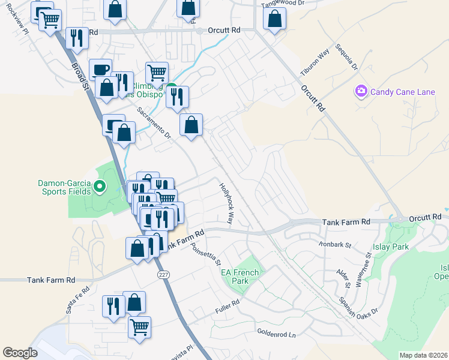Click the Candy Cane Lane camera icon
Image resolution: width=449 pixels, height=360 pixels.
(361, 91)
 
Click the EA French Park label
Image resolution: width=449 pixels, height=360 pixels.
(240, 277)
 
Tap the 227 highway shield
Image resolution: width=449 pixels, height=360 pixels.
(163, 274)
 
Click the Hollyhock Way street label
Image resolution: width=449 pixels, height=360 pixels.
(227, 203)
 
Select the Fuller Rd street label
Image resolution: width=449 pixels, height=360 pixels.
(228, 310)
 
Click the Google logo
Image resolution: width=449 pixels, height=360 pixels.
(20, 353)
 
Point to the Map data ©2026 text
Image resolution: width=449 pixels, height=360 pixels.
(423, 355)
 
